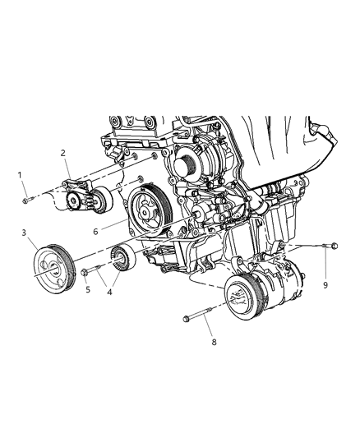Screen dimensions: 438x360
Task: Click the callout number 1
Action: pos(22,174)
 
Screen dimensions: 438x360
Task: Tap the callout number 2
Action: pos(62,153)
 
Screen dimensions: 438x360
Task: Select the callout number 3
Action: pos(26,234)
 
